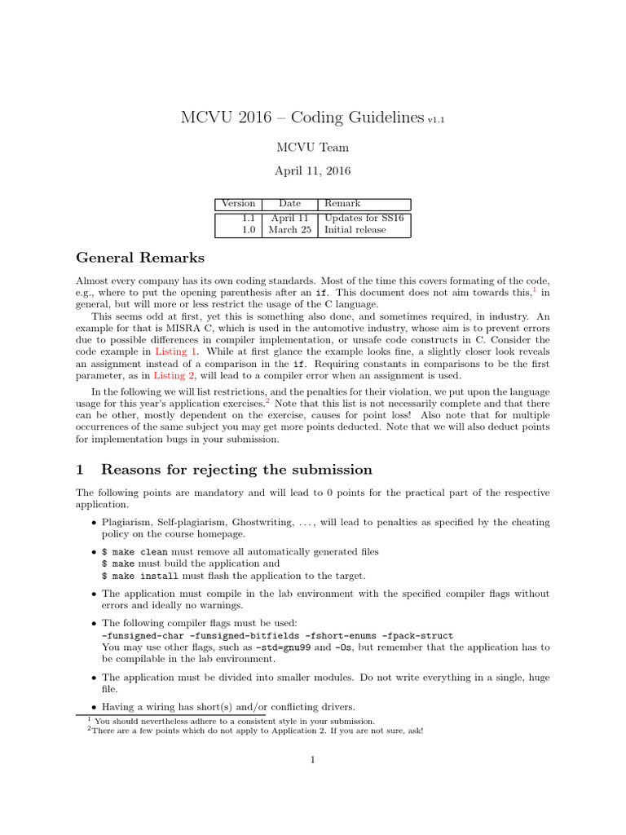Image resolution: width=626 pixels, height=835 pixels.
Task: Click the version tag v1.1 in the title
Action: [436, 120]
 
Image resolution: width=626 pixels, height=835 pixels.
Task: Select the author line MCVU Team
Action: [312, 148]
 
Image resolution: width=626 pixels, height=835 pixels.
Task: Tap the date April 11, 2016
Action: [312, 172]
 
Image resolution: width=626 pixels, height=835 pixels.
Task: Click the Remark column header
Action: [342, 203]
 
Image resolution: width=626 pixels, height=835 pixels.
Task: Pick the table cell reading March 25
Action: [289, 230]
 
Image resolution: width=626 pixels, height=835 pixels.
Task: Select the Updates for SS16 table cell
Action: [364, 218]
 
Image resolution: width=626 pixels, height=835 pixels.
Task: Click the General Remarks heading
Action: [140, 258]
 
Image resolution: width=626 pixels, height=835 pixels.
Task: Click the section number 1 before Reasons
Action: [80, 470]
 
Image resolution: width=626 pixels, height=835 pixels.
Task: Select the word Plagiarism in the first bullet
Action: [126, 522]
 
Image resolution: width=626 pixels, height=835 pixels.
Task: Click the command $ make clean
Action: [134, 552]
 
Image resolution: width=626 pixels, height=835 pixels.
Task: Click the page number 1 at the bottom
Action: [312, 761]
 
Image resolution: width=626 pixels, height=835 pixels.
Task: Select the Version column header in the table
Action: [239, 203]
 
